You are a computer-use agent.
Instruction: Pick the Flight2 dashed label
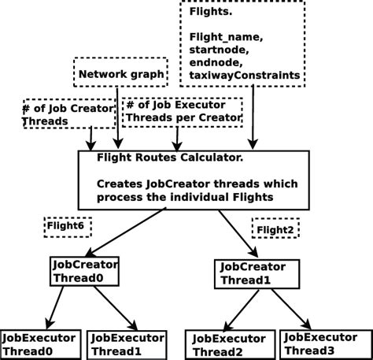[275, 229]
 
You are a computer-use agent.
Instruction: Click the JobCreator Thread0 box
[85, 272]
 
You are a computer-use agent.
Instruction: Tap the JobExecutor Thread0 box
[39, 344]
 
